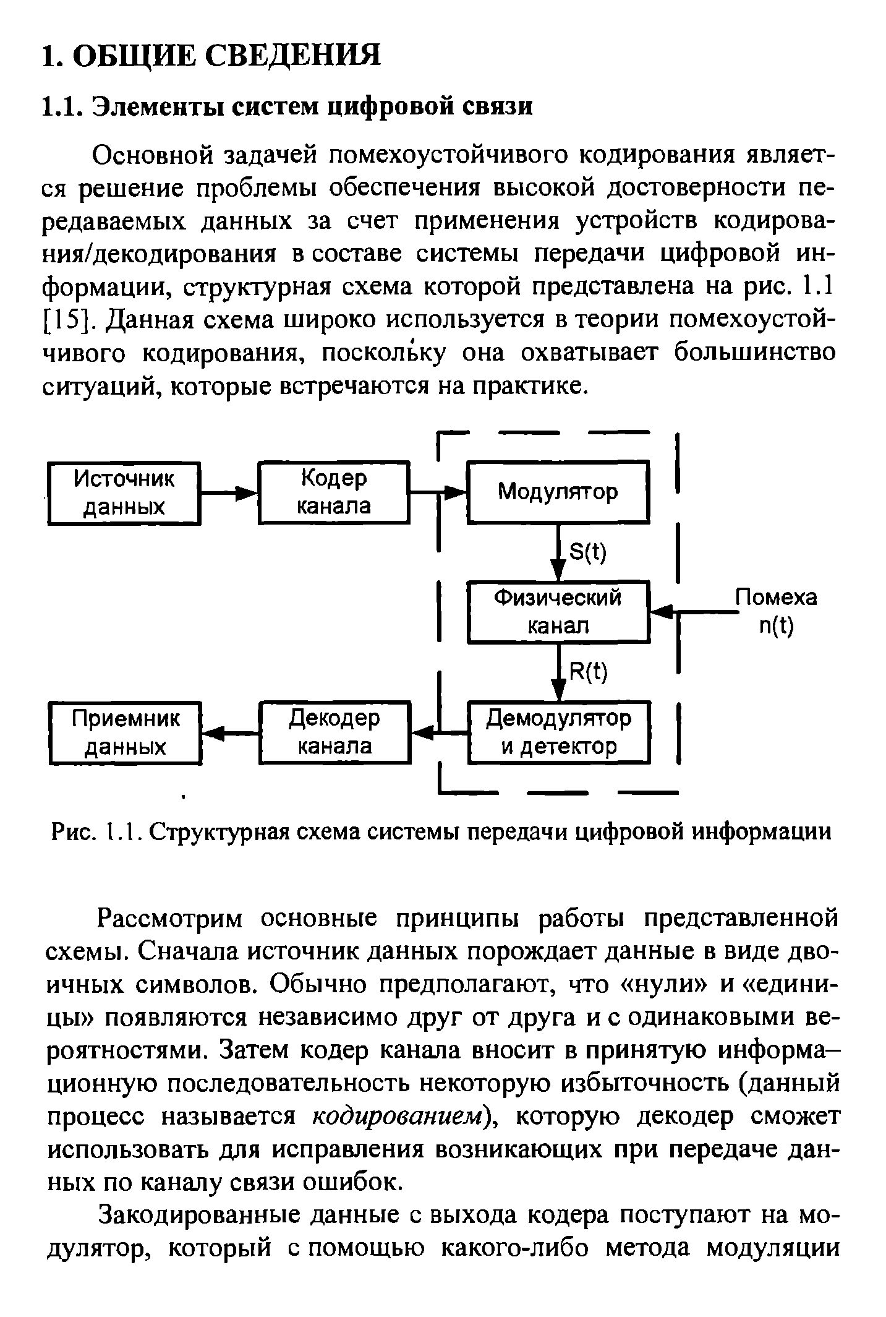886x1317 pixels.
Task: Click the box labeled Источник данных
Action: click(124, 493)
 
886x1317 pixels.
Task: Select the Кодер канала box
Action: click(334, 492)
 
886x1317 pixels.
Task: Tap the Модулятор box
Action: click(558, 492)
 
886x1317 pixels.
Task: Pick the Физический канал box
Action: click(558, 612)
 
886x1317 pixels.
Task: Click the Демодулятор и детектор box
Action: click(559, 732)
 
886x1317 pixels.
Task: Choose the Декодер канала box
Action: click(335, 732)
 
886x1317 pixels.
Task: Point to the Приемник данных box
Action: click(126, 732)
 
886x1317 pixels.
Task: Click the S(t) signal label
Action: click(587, 552)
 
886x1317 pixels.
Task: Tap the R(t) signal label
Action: click(588, 672)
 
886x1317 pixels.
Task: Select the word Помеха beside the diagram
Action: click(775, 597)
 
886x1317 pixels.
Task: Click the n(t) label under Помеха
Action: click(775, 627)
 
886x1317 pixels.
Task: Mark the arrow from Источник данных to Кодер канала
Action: click(229, 493)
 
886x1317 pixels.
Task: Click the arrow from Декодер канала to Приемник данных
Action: click(231, 733)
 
